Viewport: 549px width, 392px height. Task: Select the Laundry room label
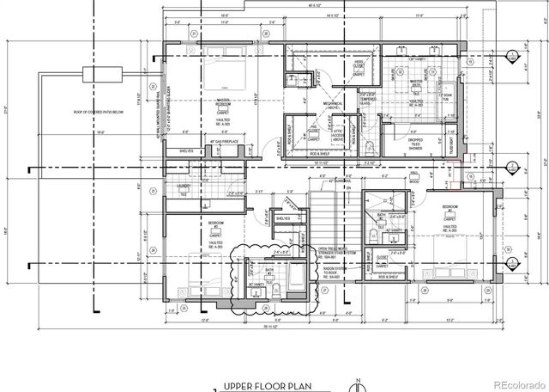coord(183,185)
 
